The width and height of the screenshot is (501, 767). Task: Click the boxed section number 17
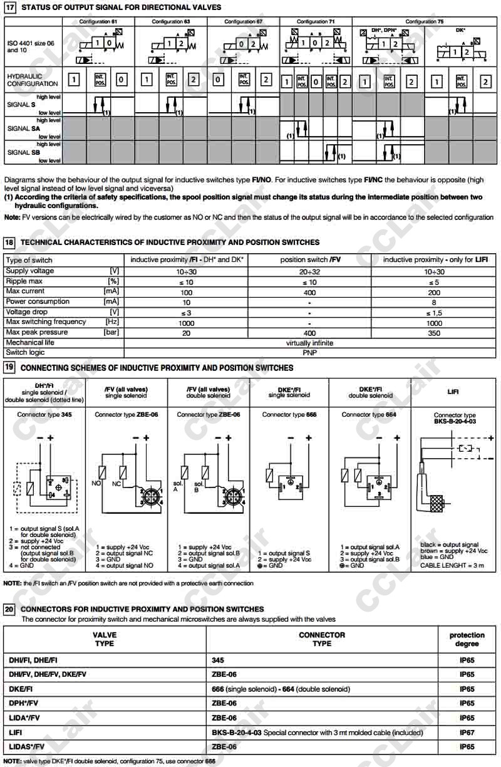point(9,7)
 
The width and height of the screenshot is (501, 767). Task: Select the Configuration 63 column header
point(167,21)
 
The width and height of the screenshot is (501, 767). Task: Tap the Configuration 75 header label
point(424,21)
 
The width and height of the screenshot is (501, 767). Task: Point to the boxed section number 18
point(9,242)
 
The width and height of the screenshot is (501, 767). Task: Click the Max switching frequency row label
point(46,322)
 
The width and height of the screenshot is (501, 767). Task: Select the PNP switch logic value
point(309,353)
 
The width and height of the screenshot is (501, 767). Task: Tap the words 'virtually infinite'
point(309,343)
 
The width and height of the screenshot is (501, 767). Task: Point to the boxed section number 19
point(9,367)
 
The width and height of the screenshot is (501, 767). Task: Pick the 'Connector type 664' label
point(369,415)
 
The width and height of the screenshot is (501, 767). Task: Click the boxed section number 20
point(9,608)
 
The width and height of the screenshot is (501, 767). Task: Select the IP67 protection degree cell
point(467,733)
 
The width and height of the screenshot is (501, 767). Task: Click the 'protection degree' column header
point(467,639)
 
